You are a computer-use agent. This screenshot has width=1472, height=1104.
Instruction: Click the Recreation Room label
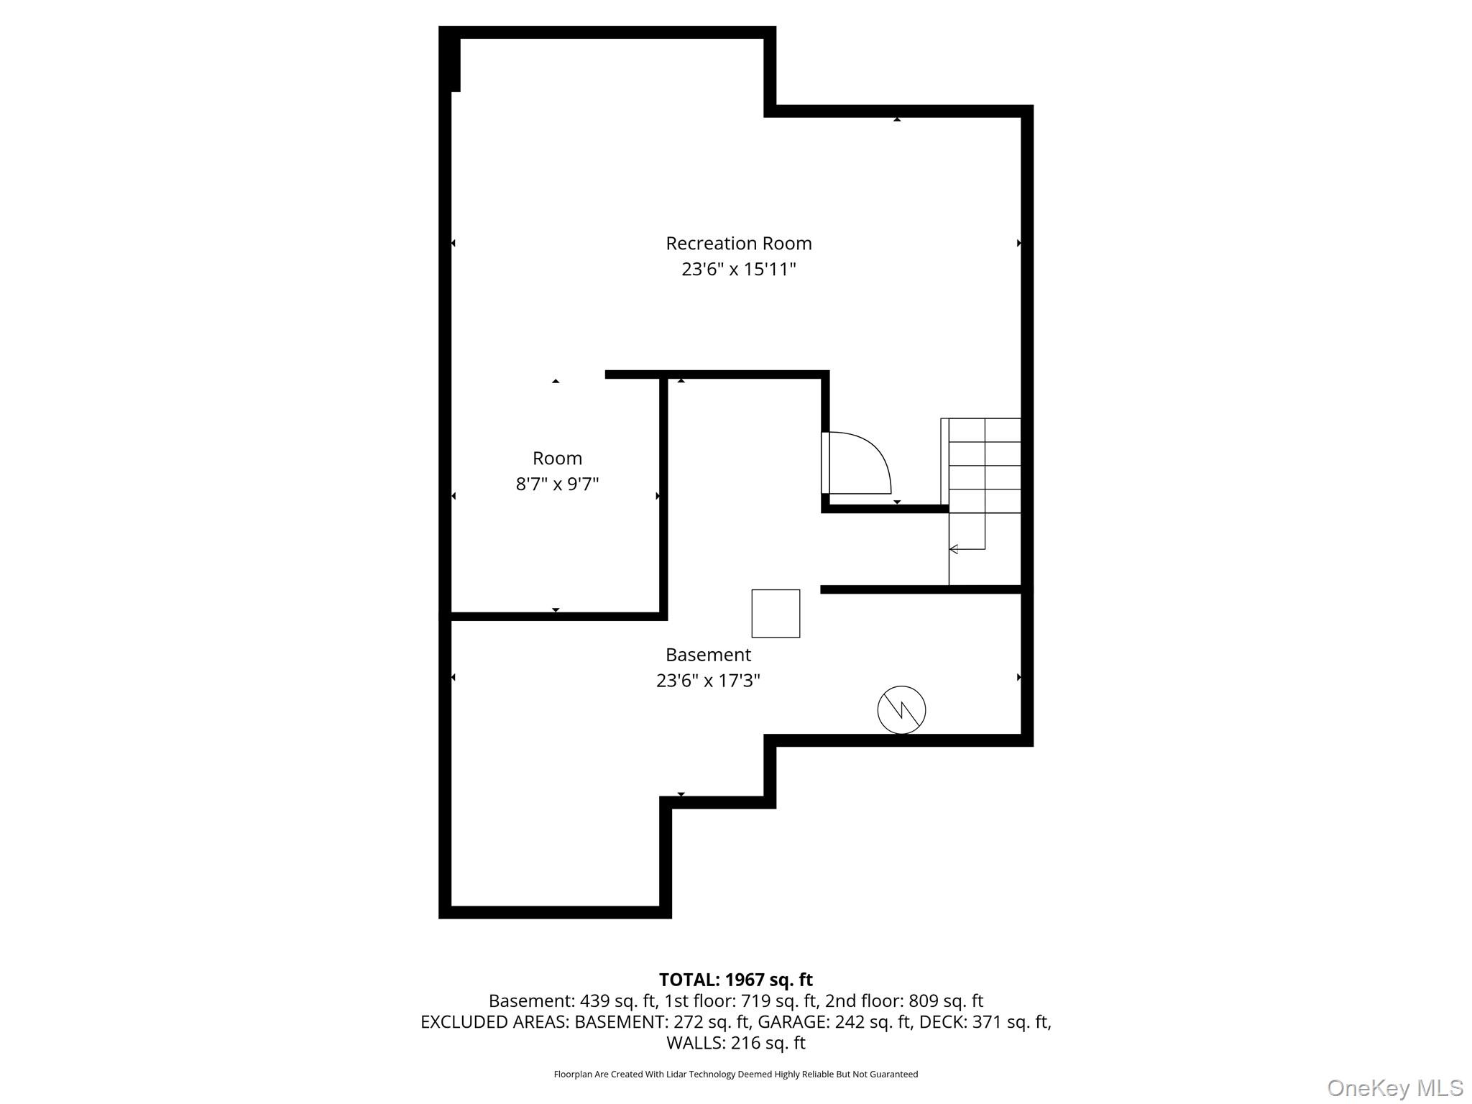coord(738,244)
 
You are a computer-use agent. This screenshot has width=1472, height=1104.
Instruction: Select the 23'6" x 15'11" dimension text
coord(738,270)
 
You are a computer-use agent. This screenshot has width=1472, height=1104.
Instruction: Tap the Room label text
coord(557,459)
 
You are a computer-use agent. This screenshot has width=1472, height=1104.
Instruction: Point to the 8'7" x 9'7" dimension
coord(557,484)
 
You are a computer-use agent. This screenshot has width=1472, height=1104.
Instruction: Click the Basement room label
coord(708,655)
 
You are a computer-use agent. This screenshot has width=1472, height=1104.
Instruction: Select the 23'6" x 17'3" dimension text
coord(708,681)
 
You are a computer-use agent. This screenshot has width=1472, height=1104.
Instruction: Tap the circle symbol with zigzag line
coord(901,710)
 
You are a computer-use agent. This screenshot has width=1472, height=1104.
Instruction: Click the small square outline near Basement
coord(776,613)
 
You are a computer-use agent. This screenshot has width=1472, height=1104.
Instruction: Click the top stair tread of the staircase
coord(984,430)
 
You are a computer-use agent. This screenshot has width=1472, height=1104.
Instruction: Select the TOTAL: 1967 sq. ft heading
coord(735,980)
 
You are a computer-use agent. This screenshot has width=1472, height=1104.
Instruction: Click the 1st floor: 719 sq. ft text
coord(741,1000)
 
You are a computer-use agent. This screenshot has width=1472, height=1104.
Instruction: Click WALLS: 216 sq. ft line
coord(735,1042)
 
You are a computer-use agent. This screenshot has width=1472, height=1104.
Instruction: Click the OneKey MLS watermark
coord(1395,1087)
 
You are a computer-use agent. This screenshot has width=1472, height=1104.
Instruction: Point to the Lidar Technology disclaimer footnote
coord(735,1075)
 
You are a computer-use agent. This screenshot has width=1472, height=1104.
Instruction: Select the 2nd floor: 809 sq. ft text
coord(904,1000)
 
